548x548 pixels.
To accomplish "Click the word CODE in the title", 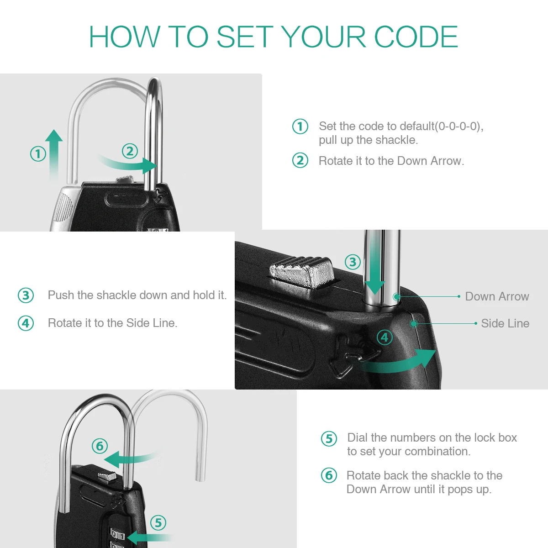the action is [x=416, y=37].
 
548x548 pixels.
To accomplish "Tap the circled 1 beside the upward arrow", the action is [x=38, y=154].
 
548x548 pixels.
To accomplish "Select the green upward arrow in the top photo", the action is [x=54, y=155].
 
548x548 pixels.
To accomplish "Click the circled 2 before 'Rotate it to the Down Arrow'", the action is [x=300, y=160].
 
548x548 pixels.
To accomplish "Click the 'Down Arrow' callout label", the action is [x=497, y=296].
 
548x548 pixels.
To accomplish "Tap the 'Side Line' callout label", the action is [x=505, y=323].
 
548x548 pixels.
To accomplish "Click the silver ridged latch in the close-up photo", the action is [x=301, y=272].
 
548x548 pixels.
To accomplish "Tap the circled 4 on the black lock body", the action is [x=385, y=337].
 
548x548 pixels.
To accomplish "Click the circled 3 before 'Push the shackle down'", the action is [x=26, y=295].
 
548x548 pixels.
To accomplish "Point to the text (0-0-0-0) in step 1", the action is [x=458, y=126].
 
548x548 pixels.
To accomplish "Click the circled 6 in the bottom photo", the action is [x=100, y=446].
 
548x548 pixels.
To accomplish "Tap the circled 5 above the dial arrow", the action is [x=158, y=523].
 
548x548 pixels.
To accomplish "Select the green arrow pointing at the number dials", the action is [x=149, y=537].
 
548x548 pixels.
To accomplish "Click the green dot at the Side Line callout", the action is [x=414, y=324].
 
